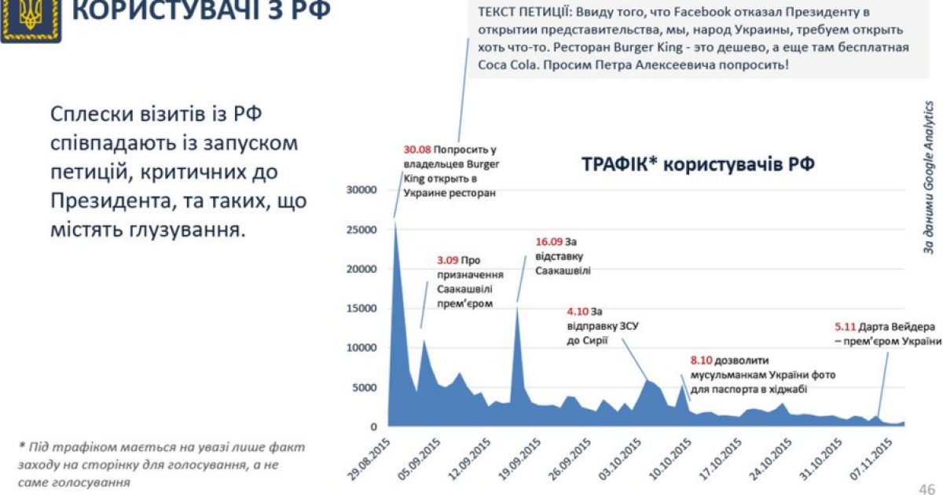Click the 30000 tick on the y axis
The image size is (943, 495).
[x=361, y=190]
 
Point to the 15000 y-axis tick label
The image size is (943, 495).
[x=361, y=308]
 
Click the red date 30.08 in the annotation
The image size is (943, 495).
[x=416, y=149]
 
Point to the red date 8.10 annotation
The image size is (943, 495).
[x=701, y=360]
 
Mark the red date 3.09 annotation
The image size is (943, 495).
[x=449, y=260]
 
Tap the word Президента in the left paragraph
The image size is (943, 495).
[x=117, y=202]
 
